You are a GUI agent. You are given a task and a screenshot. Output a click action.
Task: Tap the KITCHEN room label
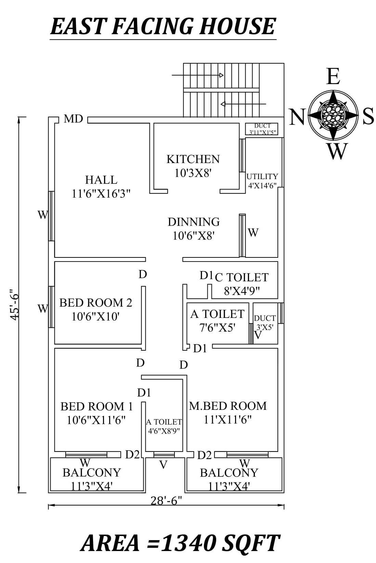tap(193, 159)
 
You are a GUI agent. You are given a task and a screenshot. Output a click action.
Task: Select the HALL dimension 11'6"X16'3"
tap(101, 194)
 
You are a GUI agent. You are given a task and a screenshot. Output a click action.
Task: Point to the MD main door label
tap(73, 119)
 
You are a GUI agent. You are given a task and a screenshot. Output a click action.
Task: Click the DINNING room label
tap(194, 222)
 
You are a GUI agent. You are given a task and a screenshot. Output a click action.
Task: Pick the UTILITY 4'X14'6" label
tap(262, 181)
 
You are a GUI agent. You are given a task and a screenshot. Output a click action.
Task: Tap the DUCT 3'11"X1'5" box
tap(262, 129)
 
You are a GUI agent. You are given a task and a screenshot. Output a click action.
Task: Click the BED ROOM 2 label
tap(95, 303)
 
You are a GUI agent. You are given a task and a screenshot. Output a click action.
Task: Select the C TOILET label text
tap(242, 277)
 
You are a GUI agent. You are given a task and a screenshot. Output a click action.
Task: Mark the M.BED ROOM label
tap(228, 406)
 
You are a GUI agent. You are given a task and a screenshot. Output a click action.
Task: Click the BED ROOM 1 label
tap(96, 406)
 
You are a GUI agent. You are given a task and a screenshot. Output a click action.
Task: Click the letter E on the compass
tap(333, 77)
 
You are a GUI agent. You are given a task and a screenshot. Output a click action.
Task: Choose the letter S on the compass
tap(368, 117)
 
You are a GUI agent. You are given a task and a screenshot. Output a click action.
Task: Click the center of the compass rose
tap(333, 115)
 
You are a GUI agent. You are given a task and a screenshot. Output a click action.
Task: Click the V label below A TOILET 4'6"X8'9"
tap(164, 465)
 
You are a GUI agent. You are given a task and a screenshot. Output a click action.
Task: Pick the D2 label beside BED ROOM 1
tap(132, 455)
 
